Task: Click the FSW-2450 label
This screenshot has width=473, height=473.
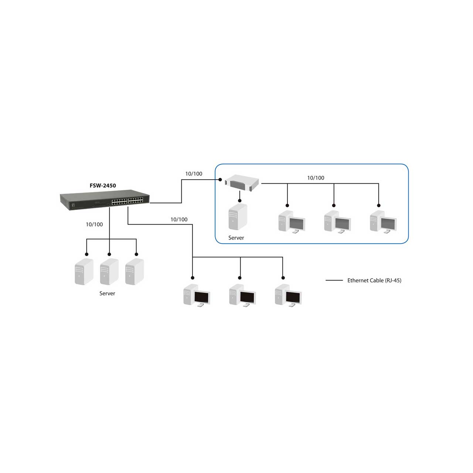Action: tap(103, 186)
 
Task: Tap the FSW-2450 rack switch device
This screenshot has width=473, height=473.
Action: tap(105, 200)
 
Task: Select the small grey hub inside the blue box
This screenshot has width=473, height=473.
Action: tap(242, 183)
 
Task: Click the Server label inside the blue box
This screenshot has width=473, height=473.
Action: tap(236, 238)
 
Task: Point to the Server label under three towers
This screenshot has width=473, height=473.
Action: tap(107, 293)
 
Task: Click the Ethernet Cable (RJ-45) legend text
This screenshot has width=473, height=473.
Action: tap(374, 280)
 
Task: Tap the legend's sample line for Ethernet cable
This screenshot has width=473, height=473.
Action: tap(334, 280)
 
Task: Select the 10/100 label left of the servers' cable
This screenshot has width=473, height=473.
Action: tap(94, 224)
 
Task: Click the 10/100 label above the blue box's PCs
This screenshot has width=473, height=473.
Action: tap(316, 178)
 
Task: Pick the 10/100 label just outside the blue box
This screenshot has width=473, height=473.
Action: tap(194, 174)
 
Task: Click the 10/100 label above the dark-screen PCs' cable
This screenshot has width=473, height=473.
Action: tap(179, 220)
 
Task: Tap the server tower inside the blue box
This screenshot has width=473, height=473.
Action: tap(238, 217)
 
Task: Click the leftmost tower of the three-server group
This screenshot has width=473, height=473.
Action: tap(84, 272)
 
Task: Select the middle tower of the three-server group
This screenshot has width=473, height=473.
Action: tap(109, 272)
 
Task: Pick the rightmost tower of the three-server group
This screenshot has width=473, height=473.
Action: tap(135, 272)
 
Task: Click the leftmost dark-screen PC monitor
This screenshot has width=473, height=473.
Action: tap(202, 298)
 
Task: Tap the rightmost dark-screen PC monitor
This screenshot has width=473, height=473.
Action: tap(293, 298)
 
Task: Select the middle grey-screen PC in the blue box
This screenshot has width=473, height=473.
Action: tap(337, 222)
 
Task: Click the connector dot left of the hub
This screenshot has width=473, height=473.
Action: tap(220, 180)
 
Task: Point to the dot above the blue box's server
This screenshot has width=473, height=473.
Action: tap(240, 201)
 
